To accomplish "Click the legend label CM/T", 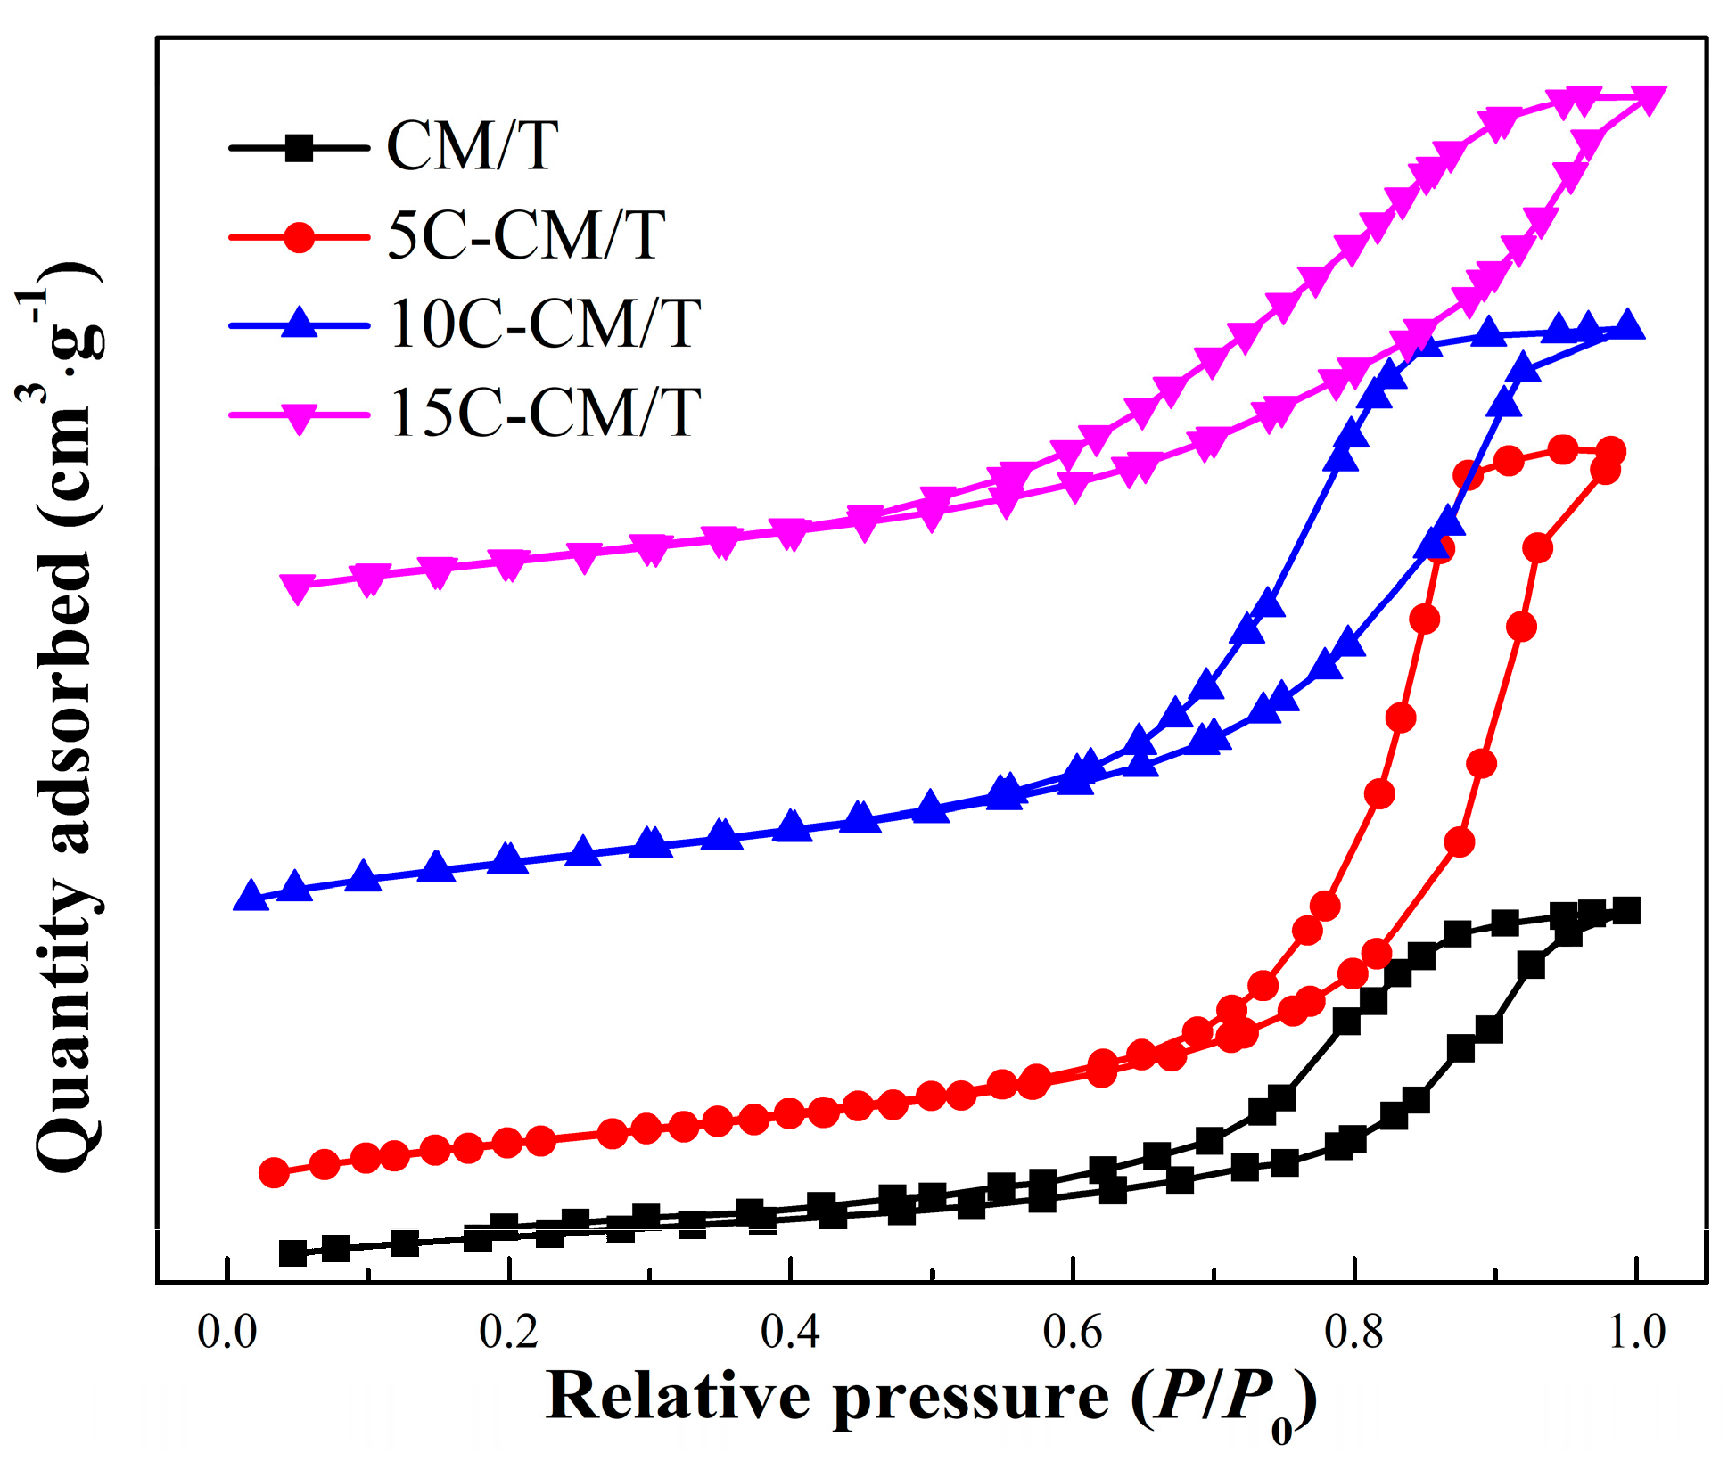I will [473, 146].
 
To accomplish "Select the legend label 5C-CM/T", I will [526, 236].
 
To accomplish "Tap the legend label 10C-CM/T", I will [545, 324].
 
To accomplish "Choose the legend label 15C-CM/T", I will [545, 413].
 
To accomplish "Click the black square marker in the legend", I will [300, 147].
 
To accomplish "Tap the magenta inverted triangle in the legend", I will [300, 416].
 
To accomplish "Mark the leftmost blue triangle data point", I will [251, 897].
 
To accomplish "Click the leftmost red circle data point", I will [274, 1172].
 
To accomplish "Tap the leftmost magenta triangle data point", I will [298, 587].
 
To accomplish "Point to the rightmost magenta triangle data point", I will [1648, 100].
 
